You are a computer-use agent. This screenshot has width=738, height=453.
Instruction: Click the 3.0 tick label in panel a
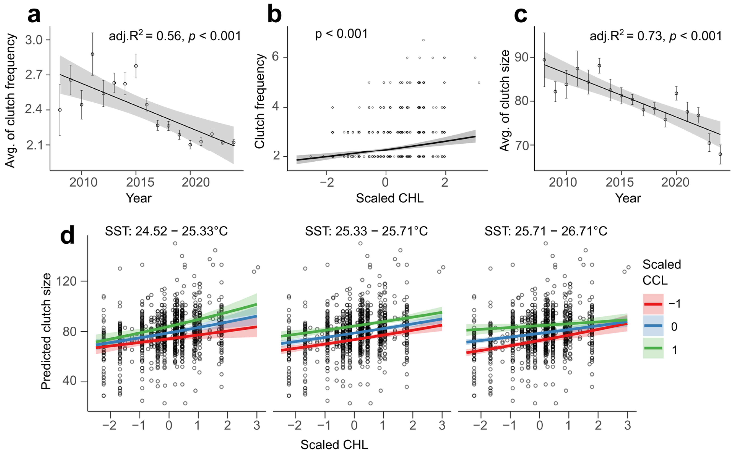pyautogui.click(x=34, y=40)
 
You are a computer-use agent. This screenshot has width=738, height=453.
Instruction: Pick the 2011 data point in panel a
pyautogui.click(x=93, y=54)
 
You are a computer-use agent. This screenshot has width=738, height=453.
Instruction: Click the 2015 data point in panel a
pyautogui.click(x=136, y=66)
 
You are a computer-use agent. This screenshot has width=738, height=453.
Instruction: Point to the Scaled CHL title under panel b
pyautogui.click(x=390, y=198)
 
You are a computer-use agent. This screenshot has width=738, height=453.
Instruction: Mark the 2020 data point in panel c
pyautogui.click(x=676, y=93)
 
